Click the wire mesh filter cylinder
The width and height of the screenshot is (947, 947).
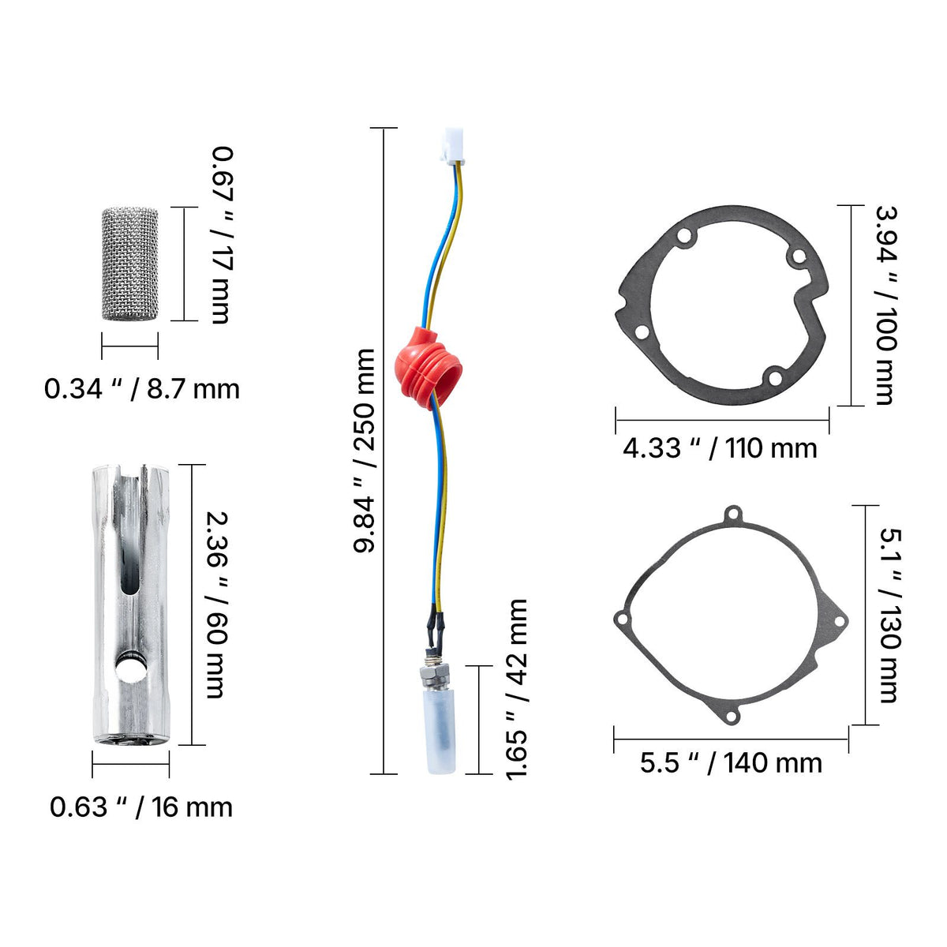click(x=129, y=264)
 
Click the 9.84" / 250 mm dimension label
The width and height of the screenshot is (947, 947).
click(x=364, y=451)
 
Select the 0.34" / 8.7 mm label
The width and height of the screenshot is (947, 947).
click(x=141, y=389)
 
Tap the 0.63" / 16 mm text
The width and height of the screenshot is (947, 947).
click(x=141, y=807)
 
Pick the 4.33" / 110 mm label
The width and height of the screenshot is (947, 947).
click(x=720, y=448)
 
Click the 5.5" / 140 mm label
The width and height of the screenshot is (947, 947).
click(x=731, y=763)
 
